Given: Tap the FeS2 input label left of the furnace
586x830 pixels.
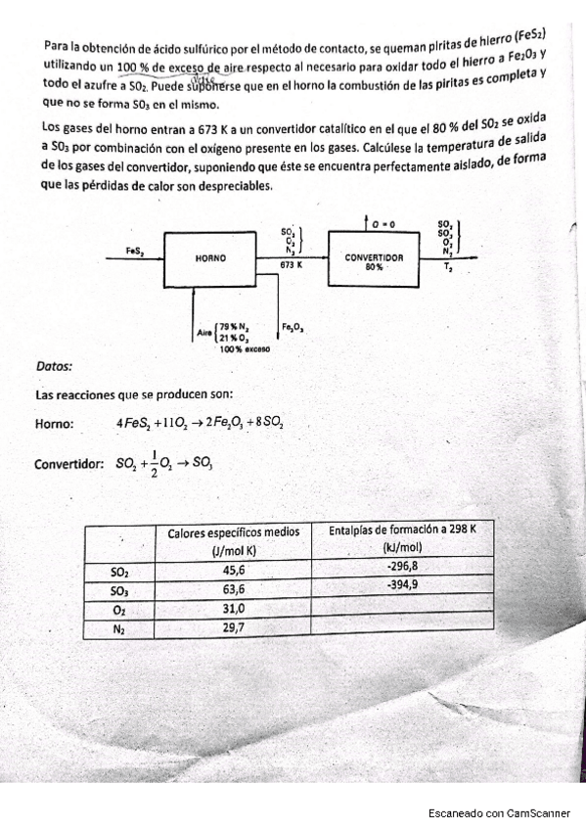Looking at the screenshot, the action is point(136,252).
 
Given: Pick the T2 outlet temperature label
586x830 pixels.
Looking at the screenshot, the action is point(448,266).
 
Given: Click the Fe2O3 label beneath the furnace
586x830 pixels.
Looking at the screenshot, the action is point(293,327).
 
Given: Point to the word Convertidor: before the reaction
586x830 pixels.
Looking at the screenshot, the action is point(69,464).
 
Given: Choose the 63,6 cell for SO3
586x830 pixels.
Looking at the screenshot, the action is point(235,589).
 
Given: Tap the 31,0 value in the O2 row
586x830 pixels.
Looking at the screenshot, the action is point(235,609).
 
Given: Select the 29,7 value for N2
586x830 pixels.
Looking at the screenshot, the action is point(235,628).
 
